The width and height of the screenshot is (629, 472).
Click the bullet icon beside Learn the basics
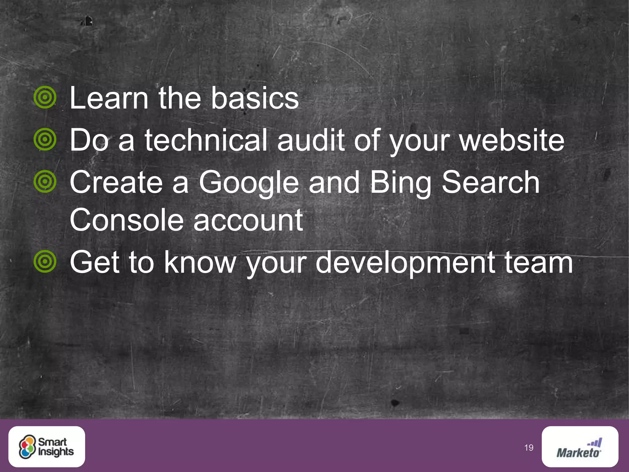[45, 97]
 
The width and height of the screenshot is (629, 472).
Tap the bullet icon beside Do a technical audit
[45, 140]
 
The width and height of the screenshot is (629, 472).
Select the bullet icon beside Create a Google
[45, 182]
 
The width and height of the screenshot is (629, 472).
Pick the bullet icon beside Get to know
[45, 262]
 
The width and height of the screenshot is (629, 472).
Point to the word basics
[255, 98]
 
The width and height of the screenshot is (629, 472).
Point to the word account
[248, 220]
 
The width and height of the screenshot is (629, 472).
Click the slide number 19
[529, 448]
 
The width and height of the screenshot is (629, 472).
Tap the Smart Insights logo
[47, 446]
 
